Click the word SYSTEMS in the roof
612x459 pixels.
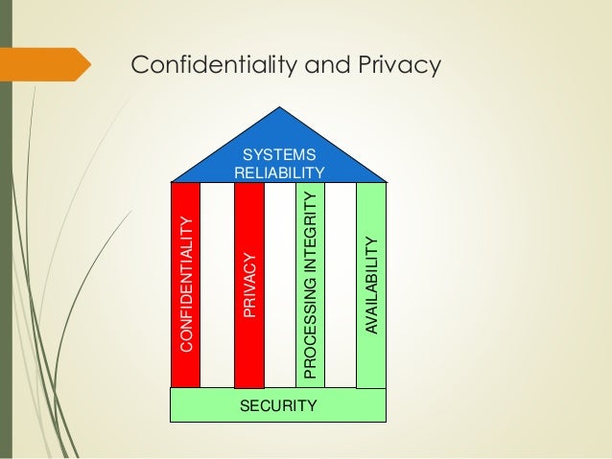279,153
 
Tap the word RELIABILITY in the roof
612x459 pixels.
279,172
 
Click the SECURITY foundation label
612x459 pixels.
278,405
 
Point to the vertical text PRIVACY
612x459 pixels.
249,284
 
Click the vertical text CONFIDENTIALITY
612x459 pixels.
186,284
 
